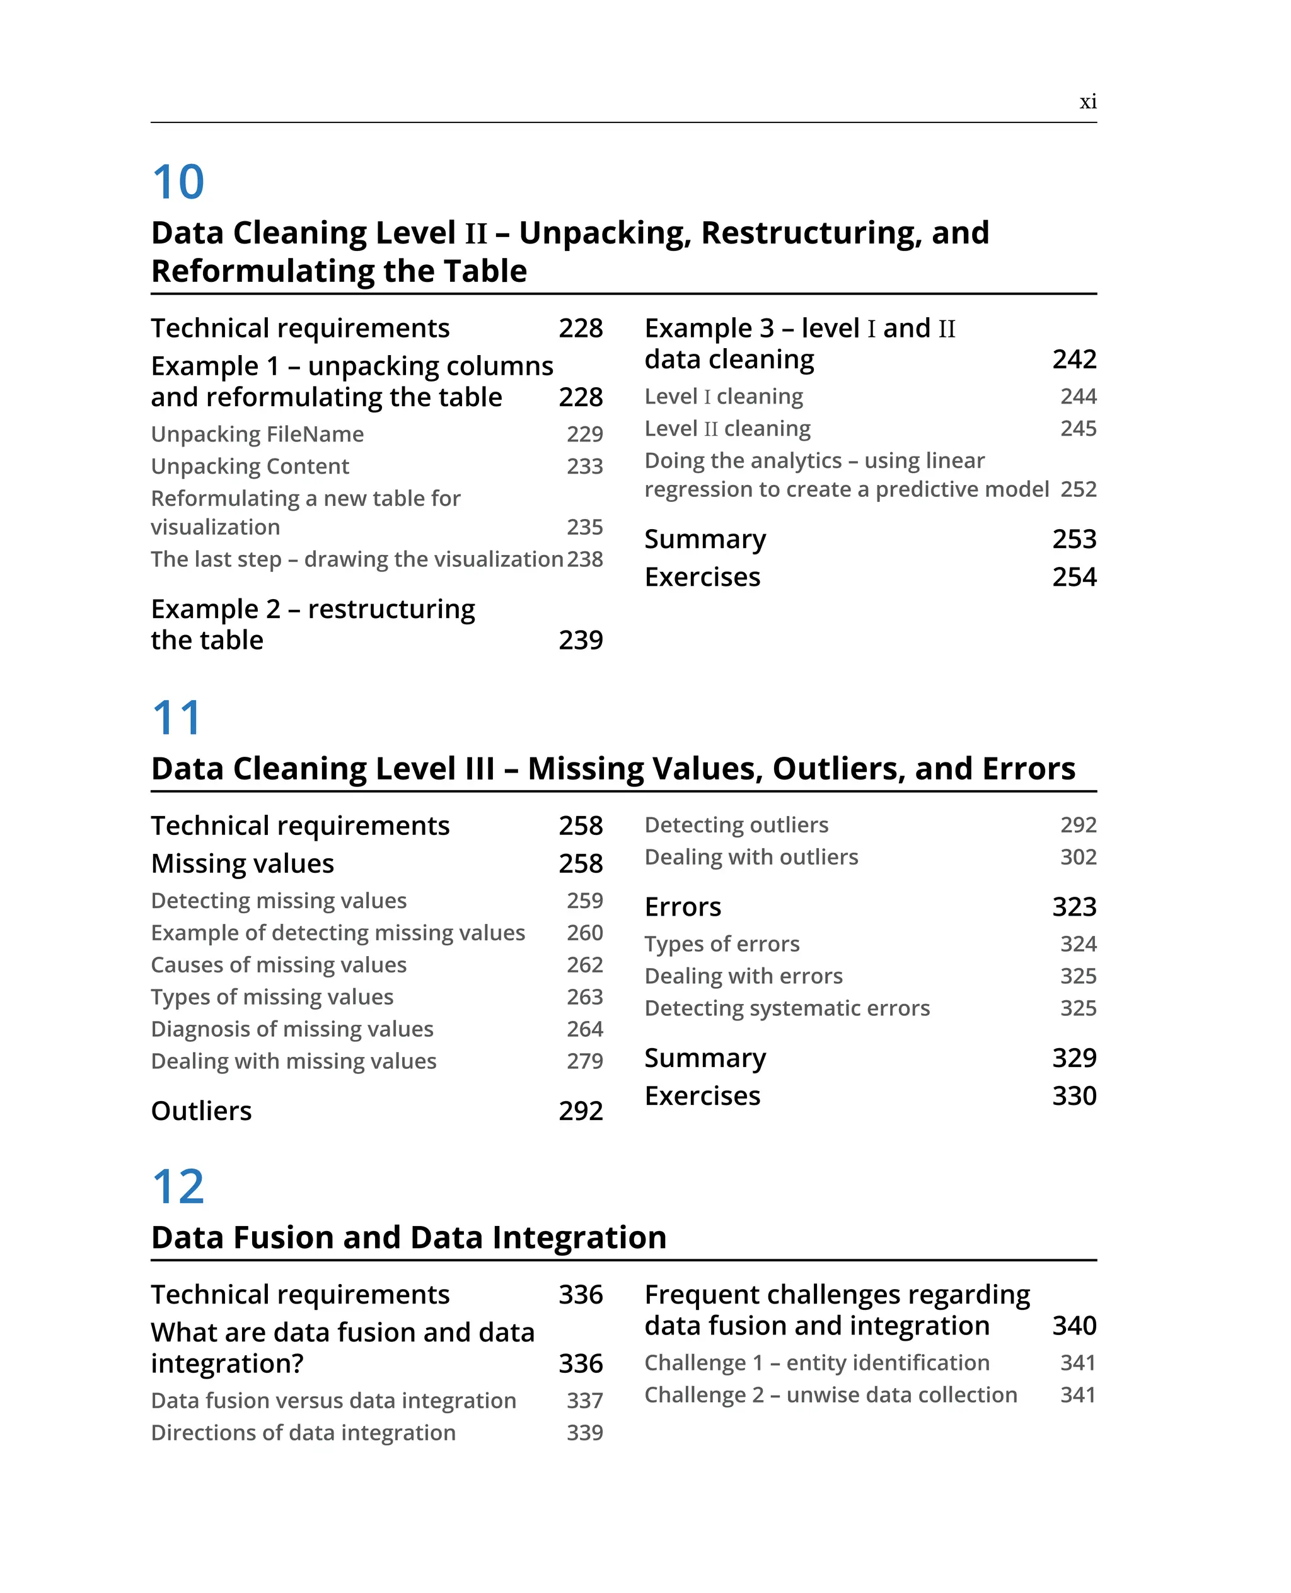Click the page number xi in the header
1087,102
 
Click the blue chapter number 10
178,182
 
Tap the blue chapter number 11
177,718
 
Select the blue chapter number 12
178,1187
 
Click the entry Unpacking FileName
257,434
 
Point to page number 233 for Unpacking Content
584,467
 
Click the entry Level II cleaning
727,429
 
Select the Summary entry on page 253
705,539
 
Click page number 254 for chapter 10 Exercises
1074,576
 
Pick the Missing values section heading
243,863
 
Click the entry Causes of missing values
279,965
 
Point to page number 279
584,1061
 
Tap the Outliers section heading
202,1111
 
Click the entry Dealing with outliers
751,857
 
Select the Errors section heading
683,907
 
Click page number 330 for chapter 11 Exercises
1074,1096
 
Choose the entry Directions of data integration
303,1432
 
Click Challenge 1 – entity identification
816,1362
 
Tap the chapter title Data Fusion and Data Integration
408,1237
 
